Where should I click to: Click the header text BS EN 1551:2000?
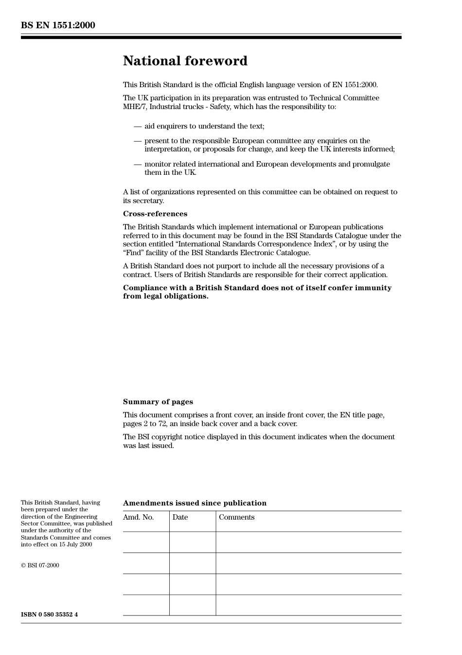click(x=58, y=25)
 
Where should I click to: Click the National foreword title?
click(x=185, y=61)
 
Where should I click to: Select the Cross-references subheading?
click(x=155, y=214)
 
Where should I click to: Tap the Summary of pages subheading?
click(x=158, y=402)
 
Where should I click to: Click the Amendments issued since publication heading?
click(x=195, y=503)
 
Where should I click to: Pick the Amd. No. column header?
click(x=138, y=517)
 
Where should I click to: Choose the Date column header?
click(x=180, y=517)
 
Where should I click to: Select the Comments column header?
click(x=236, y=517)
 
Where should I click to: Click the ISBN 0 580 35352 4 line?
click(x=49, y=615)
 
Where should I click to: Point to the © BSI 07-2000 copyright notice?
click(x=40, y=565)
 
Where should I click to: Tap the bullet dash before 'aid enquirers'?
click(x=138, y=127)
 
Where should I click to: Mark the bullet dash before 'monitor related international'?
click(x=138, y=165)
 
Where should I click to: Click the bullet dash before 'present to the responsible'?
click(x=138, y=141)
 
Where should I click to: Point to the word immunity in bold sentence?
click(x=373, y=288)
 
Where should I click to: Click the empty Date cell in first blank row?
click(x=193, y=542)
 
